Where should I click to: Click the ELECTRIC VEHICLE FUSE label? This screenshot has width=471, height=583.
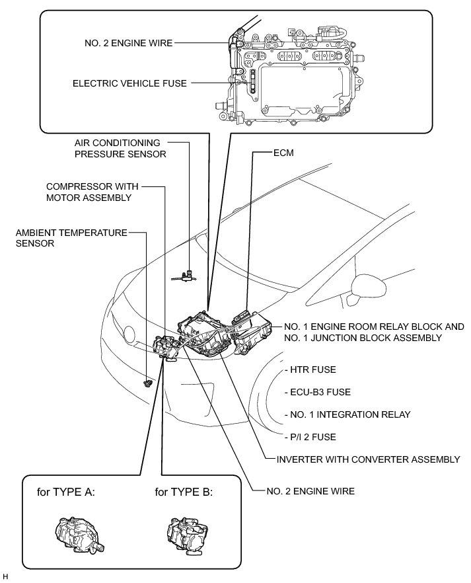tap(130, 83)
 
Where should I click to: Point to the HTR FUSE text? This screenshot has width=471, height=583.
tap(308, 369)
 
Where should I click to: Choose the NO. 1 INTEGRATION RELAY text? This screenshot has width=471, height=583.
tap(345, 414)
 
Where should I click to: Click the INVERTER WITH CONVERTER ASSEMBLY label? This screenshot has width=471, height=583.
tap(367, 459)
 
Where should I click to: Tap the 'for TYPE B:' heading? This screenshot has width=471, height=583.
tap(183, 492)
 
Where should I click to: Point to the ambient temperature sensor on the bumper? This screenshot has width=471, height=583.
tap(148, 383)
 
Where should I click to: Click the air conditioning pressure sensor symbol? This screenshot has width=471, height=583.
tap(187, 274)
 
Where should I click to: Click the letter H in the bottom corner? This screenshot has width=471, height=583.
tap(5, 577)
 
